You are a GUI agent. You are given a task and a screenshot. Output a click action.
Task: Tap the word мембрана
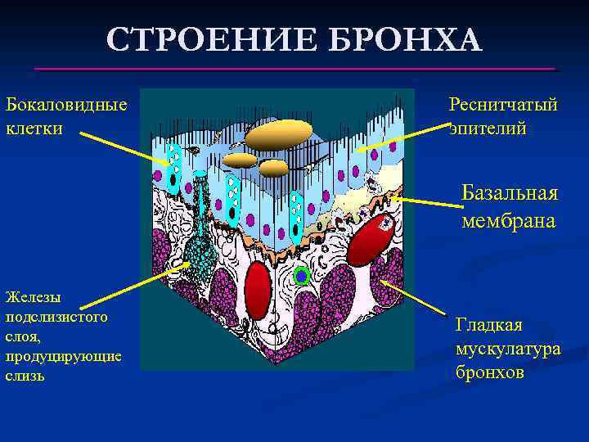pos(508,220)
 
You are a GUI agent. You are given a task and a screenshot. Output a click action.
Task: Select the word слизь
pos(25,376)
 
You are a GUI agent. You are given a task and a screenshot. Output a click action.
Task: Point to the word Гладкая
pos(488,325)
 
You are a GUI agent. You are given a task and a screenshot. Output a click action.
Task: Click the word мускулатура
pos(508,349)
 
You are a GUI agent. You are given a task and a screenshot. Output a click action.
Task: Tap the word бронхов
pos(489,372)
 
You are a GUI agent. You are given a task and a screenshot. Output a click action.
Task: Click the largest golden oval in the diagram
pos(279,135)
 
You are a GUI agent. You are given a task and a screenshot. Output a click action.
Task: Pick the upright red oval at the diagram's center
pos(259,291)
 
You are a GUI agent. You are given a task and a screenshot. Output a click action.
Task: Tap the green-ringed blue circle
pos(301,277)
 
